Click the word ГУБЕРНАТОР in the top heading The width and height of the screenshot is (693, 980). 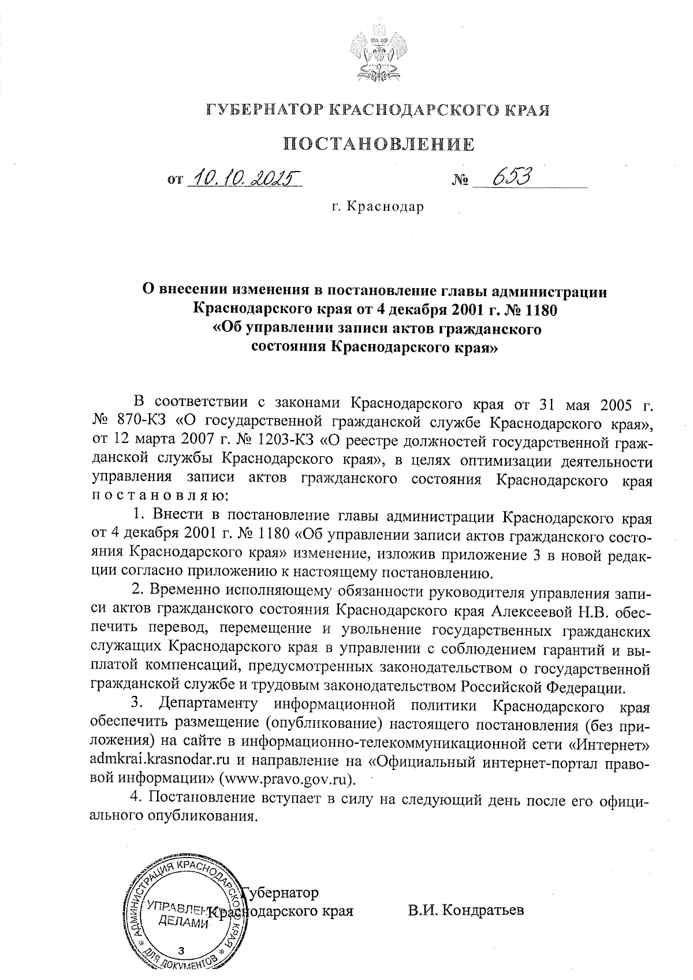264,110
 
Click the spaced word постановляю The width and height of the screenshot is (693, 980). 161,495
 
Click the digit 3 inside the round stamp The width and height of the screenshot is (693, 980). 182,950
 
